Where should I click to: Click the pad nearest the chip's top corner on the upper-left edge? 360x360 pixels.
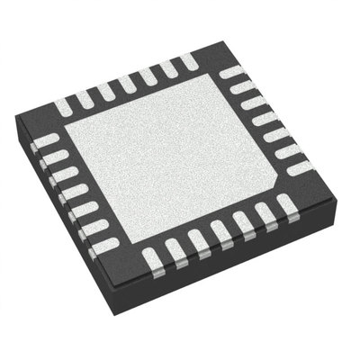(188, 61)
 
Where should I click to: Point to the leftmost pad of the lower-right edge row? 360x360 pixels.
(153, 259)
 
